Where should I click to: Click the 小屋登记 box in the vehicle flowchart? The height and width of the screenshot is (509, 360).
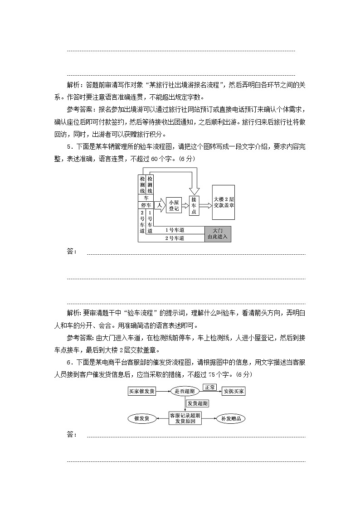click(174, 205)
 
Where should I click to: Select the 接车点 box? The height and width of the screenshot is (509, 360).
click(194, 205)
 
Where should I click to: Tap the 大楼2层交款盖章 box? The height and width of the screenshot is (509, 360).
click(224, 202)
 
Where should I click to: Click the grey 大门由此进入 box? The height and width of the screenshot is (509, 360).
click(218, 234)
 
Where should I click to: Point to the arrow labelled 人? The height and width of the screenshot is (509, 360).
click(159, 205)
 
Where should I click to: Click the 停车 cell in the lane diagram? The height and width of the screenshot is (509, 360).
click(146, 205)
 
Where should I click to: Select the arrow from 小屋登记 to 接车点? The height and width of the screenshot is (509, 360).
click(185, 206)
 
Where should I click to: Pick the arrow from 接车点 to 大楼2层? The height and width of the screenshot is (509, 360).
click(206, 205)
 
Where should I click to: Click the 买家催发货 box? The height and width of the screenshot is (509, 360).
click(142, 391)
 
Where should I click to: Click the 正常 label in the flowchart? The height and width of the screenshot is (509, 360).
click(209, 388)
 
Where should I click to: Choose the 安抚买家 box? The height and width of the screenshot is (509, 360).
click(234, 391)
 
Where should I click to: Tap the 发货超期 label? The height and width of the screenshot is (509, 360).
click(197, 403)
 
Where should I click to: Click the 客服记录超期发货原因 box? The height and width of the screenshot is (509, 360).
click(185, 418)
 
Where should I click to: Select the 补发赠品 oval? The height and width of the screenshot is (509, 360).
click(231, 418)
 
